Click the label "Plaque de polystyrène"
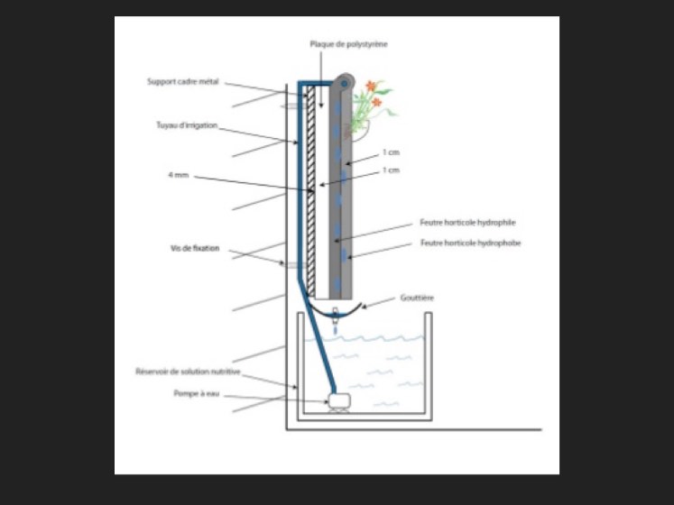(348, 44)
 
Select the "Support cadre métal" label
(183, 81)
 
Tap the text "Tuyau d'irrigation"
(187, 125)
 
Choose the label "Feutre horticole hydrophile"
(467, 222)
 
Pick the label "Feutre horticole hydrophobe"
(470, 243)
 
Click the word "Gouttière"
(419, 297)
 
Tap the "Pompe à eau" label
(197, 393)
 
